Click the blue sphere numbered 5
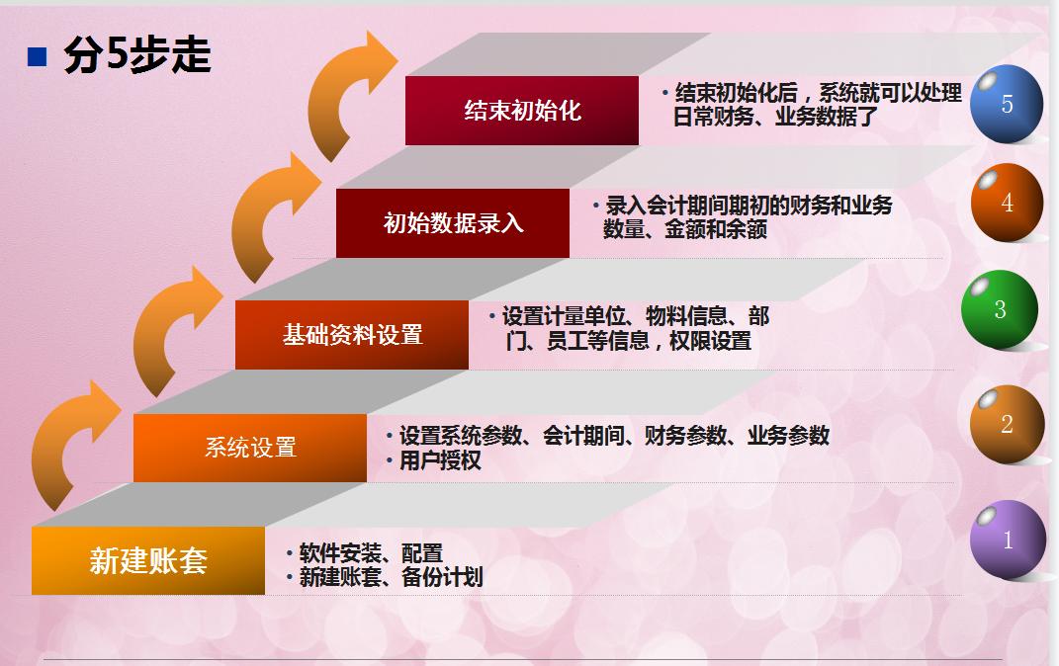click(1007, 104)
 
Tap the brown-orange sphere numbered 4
click(1007, 202)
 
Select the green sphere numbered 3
click(999, 309)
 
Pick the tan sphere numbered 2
click(1007, 424)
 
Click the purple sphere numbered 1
click(1007, 540)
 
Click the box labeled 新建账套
click(148, 560)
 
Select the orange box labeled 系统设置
click(250, 448)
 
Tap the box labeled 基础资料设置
click(352, 335)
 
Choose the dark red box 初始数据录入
click(453, 223)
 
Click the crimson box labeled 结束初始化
click(522, 111)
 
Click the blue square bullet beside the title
click(37, 56)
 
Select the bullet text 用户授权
click(440, 460)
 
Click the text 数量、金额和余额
click(685, 229)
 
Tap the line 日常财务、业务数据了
click(775, 117)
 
